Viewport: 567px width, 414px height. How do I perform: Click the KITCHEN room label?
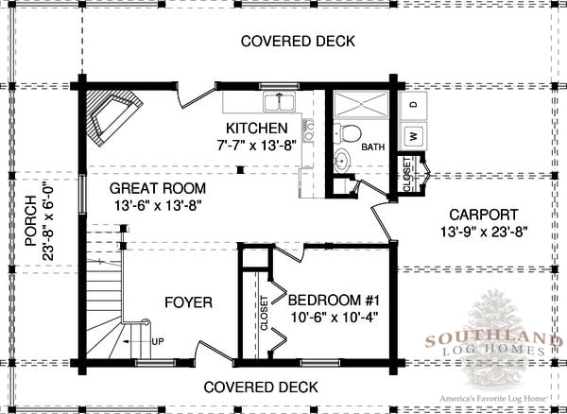[x=257, y=128]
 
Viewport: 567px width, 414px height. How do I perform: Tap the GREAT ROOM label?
[x=158, y=188]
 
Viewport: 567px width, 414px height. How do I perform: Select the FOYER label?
[x=188, y=302]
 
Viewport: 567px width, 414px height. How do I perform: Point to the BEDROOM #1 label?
[x=335, y=301]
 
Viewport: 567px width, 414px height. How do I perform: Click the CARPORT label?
[x=484, y=215]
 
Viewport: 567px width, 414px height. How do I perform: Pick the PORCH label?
[x=31, y=221]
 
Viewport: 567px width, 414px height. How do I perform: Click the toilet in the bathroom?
[x=348, y=132]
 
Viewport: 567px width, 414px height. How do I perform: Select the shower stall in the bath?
[x=361, y=104]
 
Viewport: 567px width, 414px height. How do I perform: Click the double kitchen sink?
[x=280, y=102]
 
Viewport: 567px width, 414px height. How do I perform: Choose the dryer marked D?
[x=414, y=105]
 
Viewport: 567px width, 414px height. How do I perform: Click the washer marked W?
[x=414, y=136]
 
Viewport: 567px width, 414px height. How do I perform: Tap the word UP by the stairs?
[x=158, y=341]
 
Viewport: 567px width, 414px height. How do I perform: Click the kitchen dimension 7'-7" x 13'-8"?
[x=257, y=146]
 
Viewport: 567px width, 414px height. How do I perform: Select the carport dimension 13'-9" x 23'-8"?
[x=484, y=232]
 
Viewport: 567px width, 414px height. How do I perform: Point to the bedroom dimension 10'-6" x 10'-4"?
[x=335, y=318]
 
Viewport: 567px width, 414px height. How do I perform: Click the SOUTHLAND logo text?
[x=494, y=340]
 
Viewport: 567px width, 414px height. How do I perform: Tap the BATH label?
[x=373, y=147]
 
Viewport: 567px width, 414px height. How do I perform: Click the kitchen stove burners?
[x=308, y=130]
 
